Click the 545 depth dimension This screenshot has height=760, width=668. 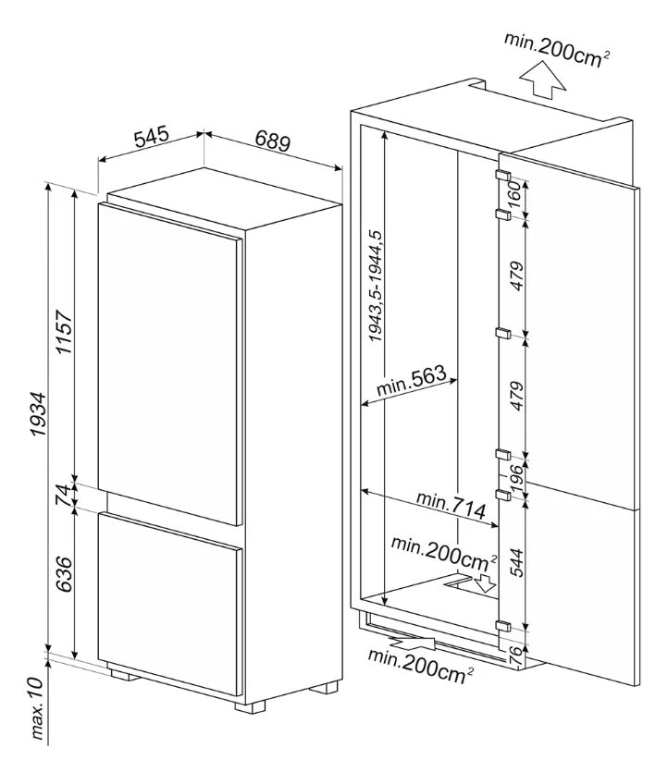click(150, 138)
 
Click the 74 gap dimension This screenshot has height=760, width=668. click(62, 495)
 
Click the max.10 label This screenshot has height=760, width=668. click(38, 707)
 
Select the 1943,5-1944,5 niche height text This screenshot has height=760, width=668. click(375, 287)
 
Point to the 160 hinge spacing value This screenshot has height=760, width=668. click(516, 195)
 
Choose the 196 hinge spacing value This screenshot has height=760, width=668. click(516, 476)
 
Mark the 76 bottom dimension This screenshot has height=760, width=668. click(515, 655)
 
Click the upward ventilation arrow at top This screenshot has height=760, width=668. click(543, 81)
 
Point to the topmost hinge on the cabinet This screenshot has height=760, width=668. click(503, 175)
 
